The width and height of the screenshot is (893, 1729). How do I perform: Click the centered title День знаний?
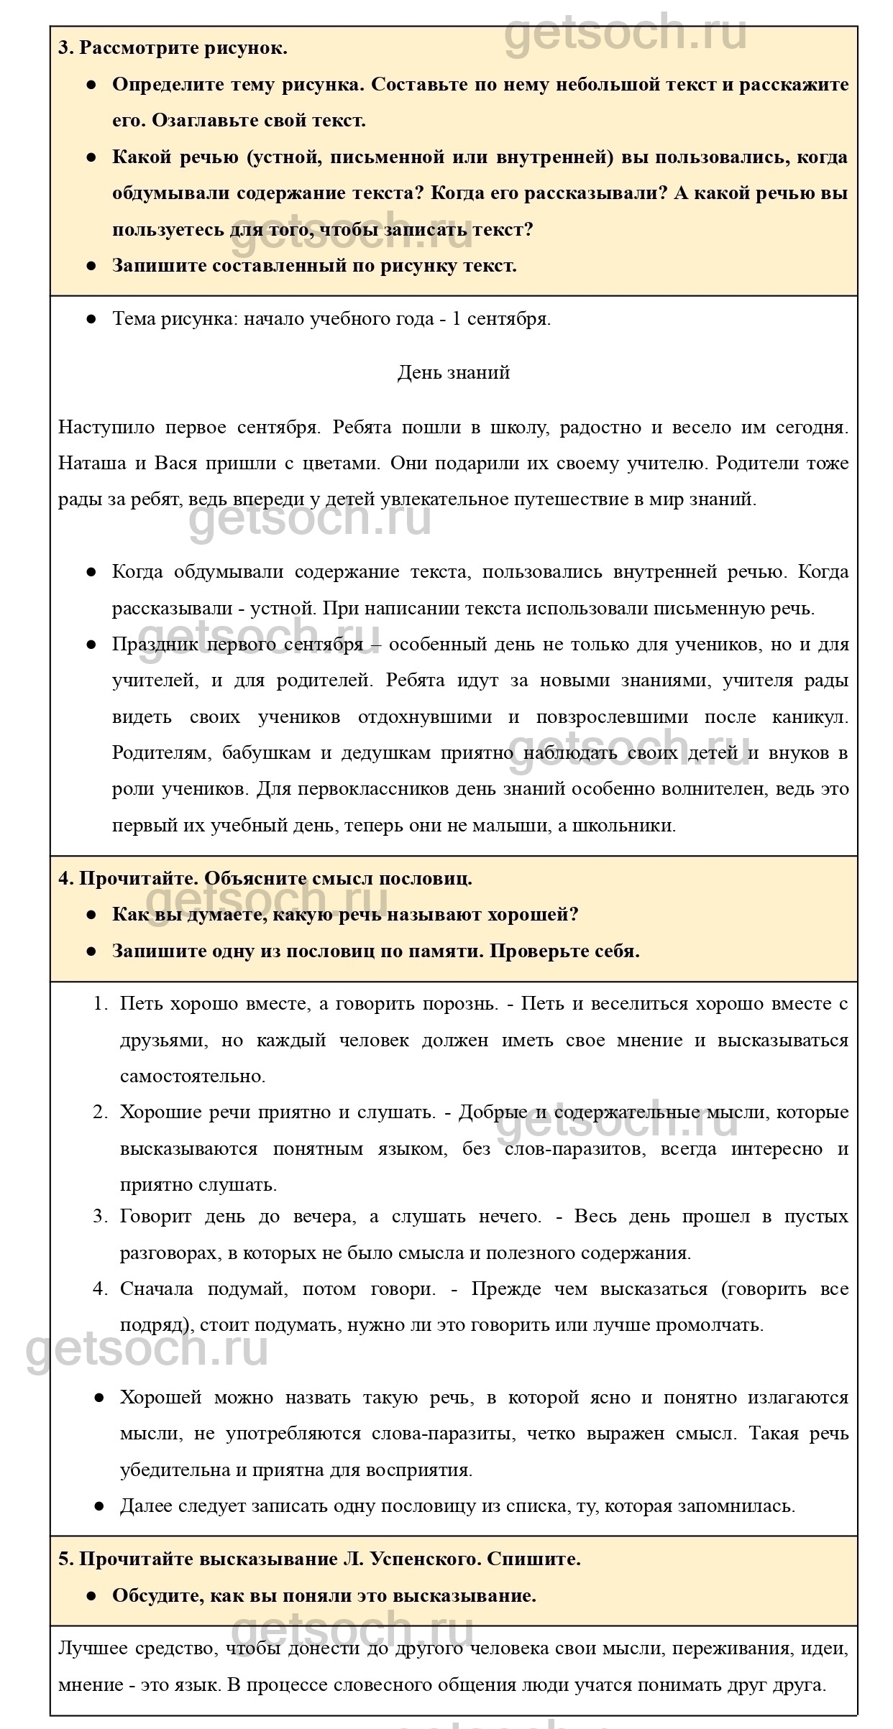[x=453, y=372]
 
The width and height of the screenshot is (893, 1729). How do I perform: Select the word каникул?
[x=810, y=716]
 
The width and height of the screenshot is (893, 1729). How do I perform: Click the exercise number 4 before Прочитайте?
[x=64, y=877]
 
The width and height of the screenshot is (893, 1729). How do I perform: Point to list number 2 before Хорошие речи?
[x=100, y=1112]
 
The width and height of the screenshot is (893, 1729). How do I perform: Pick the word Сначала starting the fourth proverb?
[x=156, y=1288]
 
